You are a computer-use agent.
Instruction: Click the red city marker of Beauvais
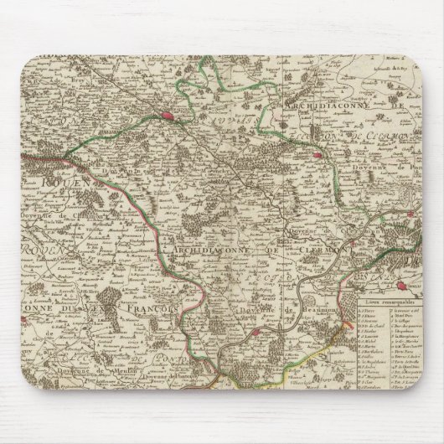pos(178,118)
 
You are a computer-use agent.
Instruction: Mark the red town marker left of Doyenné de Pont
pos(317,154)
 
